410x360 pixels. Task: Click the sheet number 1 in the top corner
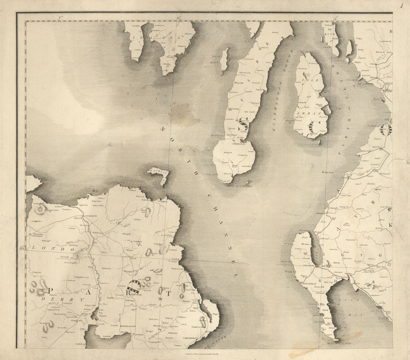402,5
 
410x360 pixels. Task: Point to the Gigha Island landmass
224,60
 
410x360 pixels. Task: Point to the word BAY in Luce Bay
353,316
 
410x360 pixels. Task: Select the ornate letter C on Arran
315,127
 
